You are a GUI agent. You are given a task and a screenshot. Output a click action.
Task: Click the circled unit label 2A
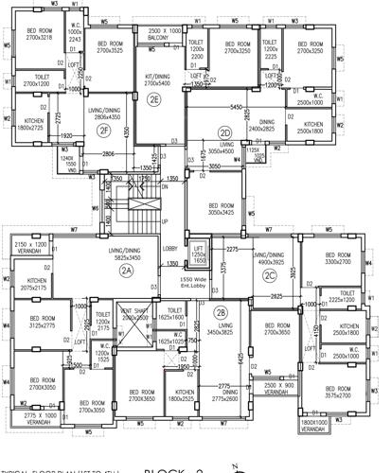(x=126, y=270)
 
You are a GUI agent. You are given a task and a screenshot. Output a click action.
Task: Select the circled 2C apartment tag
(x=271, y=275)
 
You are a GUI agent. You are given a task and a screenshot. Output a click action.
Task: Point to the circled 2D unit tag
(x=224, y=132)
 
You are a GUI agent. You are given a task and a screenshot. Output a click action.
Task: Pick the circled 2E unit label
(x=153, y=98)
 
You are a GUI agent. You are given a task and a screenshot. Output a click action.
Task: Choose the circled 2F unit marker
(x=103, y=131)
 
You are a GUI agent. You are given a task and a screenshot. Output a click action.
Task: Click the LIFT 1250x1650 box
(x=198, y=252)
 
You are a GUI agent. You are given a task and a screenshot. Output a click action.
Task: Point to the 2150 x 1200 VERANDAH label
(x=37, y=247)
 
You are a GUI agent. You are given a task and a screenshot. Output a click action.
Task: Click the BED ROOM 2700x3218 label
(x=39, y=34)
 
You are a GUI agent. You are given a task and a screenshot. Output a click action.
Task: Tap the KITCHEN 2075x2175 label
(x=37, y=283)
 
